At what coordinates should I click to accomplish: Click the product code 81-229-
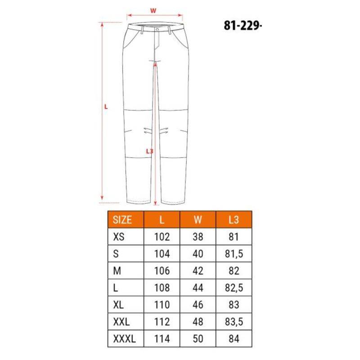coord(243,25)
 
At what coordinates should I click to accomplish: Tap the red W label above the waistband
coord(153,10)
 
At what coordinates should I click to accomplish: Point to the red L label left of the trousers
coord(106,107)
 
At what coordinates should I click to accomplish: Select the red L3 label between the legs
coord(149,151)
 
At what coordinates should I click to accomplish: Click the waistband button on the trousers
coord(157,30)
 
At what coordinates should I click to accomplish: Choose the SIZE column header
coord(122,220)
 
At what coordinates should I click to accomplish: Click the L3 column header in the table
coord(234,220)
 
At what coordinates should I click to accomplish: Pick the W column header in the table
coord(198,220)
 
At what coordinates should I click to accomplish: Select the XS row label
coord(119,237)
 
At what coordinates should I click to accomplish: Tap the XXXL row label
coord(125,339)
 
